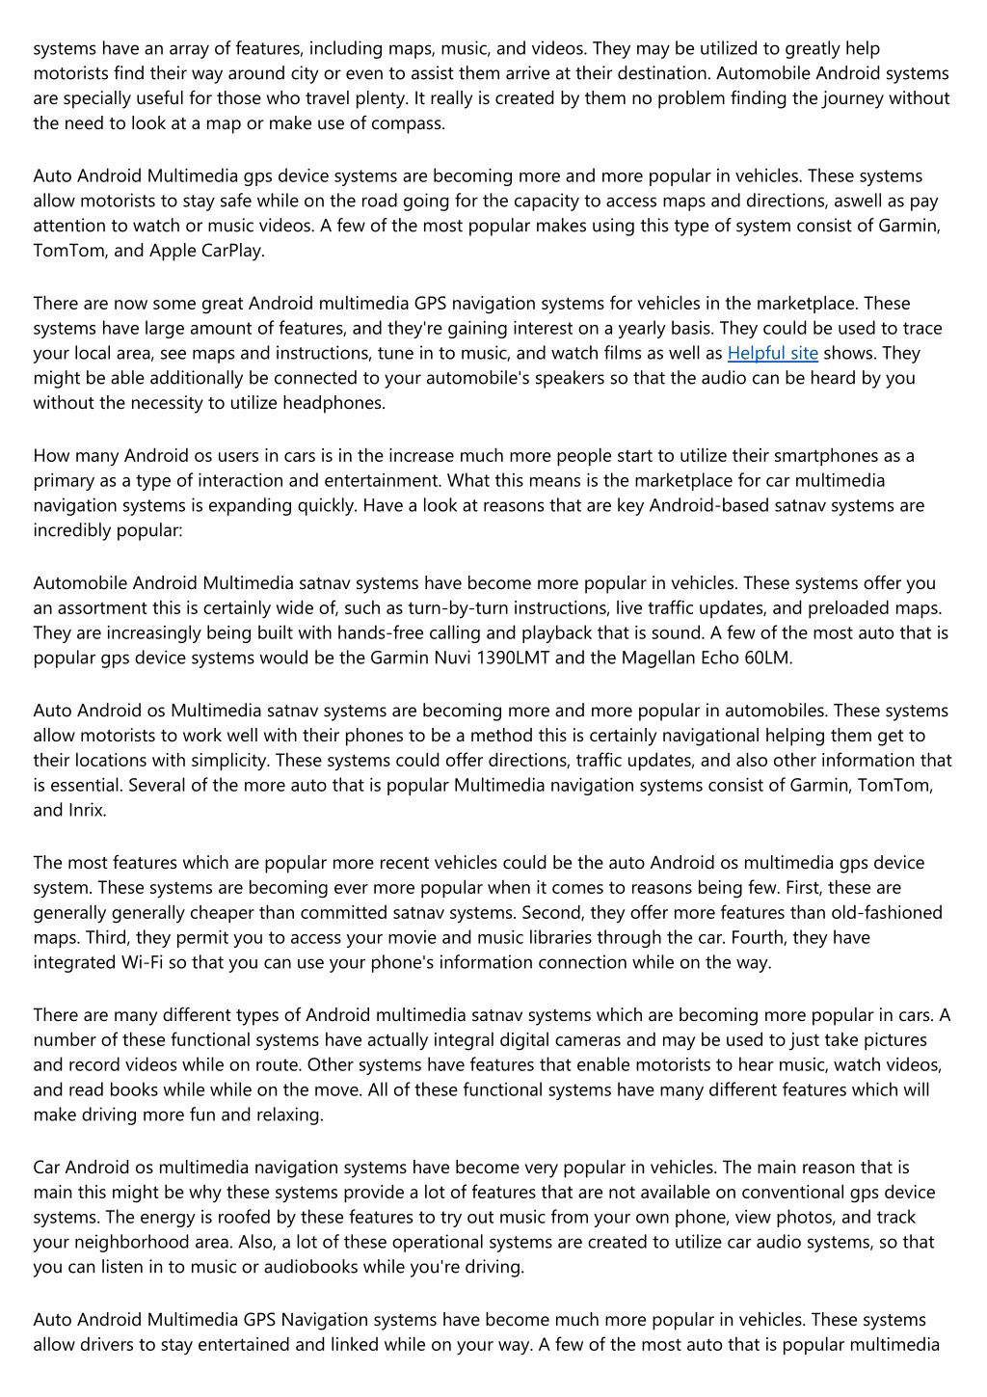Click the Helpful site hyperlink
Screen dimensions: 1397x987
pos(772,353)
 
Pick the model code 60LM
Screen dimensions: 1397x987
pos(769,658)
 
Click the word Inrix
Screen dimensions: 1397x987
pos(86,810)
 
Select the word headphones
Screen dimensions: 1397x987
pos(333,403)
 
